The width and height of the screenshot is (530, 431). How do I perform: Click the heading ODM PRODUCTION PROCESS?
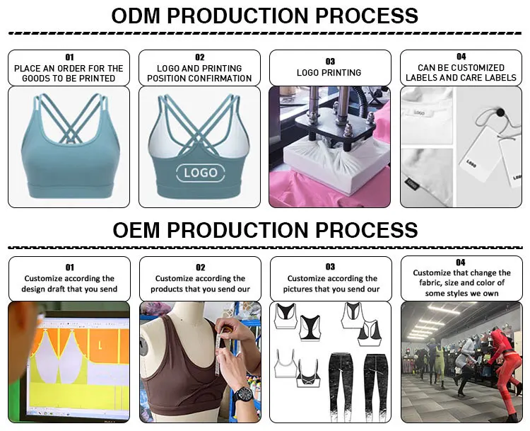click(265, 16)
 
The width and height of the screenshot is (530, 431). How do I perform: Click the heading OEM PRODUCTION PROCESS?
click(265, 229)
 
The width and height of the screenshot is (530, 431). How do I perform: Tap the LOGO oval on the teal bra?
click(200, 172)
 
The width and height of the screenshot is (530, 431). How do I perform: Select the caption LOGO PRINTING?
click(329, 72)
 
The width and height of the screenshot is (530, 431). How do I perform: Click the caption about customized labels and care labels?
click(461, 72)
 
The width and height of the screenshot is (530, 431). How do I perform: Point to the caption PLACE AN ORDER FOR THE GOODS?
click(69, 73)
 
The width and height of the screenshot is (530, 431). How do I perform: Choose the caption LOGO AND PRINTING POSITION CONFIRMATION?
click(200, 73)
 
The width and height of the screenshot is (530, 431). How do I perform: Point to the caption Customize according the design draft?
click(69, 283)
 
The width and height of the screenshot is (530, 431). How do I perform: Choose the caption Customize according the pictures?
click(331, 283)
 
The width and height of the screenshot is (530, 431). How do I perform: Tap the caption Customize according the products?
click(200, 283)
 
